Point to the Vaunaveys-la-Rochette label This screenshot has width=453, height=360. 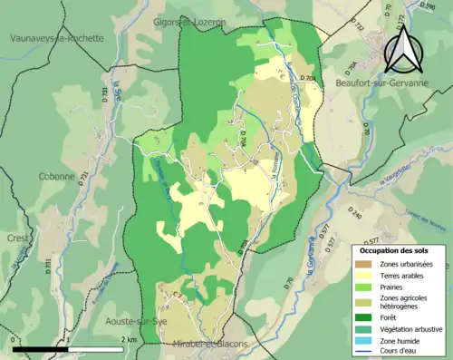point(57,38)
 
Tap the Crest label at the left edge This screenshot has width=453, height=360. point(15,237)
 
